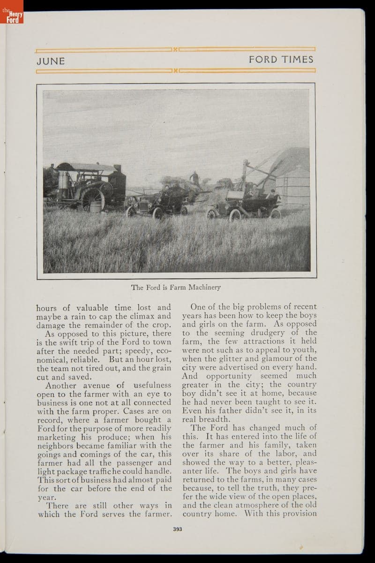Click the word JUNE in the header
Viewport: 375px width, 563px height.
(x=51, y=61)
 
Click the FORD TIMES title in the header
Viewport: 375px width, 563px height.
(x=281, y=60)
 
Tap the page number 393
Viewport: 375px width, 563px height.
(x=177, y=529)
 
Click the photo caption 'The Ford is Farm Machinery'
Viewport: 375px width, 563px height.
(x=176, y=287)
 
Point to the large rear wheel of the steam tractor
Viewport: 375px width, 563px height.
(x=93, y=200)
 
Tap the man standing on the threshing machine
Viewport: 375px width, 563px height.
(x=194, y=179)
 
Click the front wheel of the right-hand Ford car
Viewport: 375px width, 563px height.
(x=235, y=215)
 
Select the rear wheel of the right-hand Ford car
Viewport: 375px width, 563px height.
(x=275, y=214)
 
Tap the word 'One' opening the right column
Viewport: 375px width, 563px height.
(x=199, y=307)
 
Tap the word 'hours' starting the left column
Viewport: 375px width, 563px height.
(x=47, y=308)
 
